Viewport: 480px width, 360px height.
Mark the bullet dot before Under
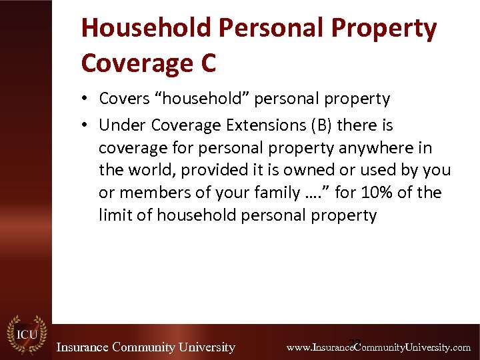(x=87, y=125)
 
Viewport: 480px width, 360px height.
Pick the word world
(x=147, y=170)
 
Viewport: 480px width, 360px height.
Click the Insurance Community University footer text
(x=145, y=347)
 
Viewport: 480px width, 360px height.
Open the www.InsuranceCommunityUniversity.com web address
(x=378, y=347)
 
